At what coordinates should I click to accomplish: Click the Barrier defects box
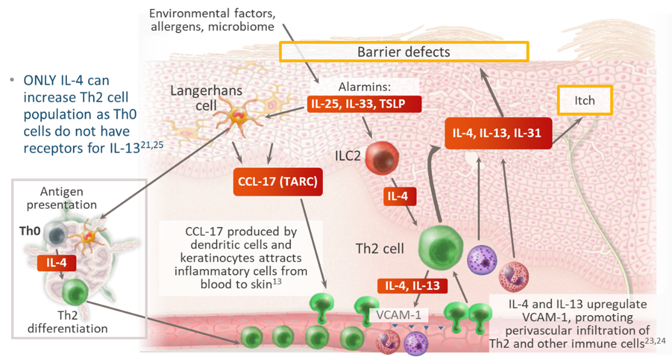(404, 52)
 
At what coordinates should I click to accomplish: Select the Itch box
(584, 101)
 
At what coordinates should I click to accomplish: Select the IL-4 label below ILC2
(400, 197)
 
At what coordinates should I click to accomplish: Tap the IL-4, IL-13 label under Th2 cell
(412, 286)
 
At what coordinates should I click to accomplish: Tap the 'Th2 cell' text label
(380, 248)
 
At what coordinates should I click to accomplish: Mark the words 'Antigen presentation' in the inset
(65, 198)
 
